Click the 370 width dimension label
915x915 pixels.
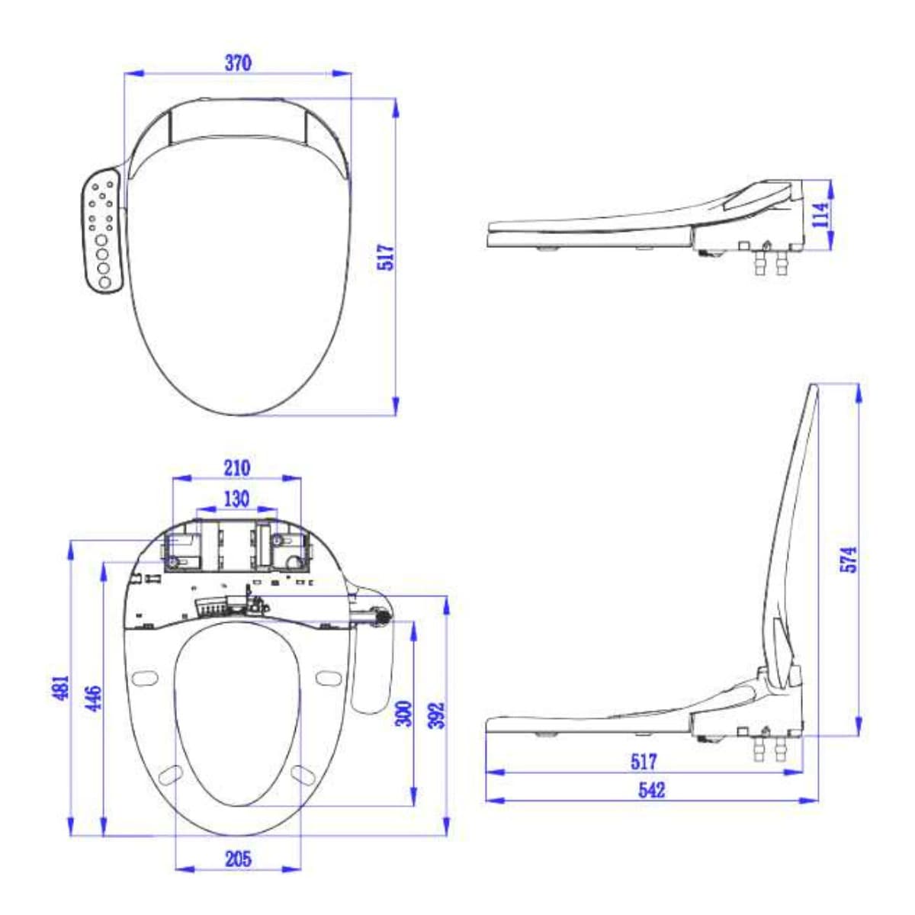point(238,63)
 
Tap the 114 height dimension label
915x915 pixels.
point(820,215)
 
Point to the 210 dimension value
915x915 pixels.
point(236,467)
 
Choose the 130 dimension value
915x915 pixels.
point(236,498)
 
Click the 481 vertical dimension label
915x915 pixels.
point(61,687)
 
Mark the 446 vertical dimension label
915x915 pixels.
point(93,698)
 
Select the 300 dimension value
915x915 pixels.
point(404,713)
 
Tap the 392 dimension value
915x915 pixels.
point(436,715)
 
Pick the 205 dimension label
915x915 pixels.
point(238,859)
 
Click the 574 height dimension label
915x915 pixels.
point(849,559)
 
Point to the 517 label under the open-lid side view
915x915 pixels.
point(644,761)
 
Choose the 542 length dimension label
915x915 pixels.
point(651,790)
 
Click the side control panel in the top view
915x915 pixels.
point(101,230)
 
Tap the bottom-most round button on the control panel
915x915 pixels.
point(104,283)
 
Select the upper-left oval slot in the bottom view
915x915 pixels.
point(144,677)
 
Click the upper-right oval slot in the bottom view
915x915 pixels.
point(328,677)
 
